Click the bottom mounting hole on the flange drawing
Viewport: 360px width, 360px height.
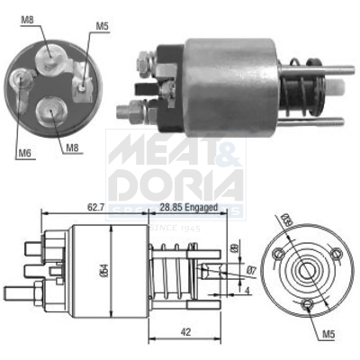pyautogui.click(x=310, y=305)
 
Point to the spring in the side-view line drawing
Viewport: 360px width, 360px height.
pyautogui.click(x=175, y=270)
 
